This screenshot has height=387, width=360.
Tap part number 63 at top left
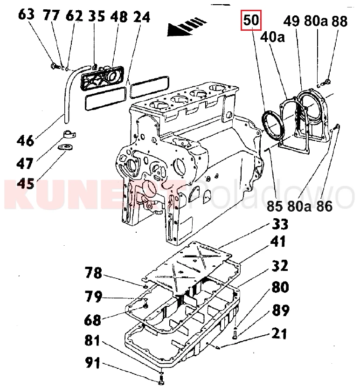pyautogui.click(x=27, y=14)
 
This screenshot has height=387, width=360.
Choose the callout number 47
pyautogui.click(x=26, y=163)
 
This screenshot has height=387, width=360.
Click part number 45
pyautogui.click(x=26, y=184)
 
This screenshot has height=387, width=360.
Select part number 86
pyautogui.click(x=325, y=205)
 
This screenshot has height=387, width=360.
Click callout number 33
pyautogui.click(x=280, y=224)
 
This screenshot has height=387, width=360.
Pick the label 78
pyautogui.click(x=93, y=273)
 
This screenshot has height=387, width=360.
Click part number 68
pyautogui.click(x=93, y=320)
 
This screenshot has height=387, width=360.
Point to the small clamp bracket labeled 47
pyautogui.click(x=69, y=135)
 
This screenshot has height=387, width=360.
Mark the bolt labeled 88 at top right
pyautogui.click(x=327, y=83)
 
